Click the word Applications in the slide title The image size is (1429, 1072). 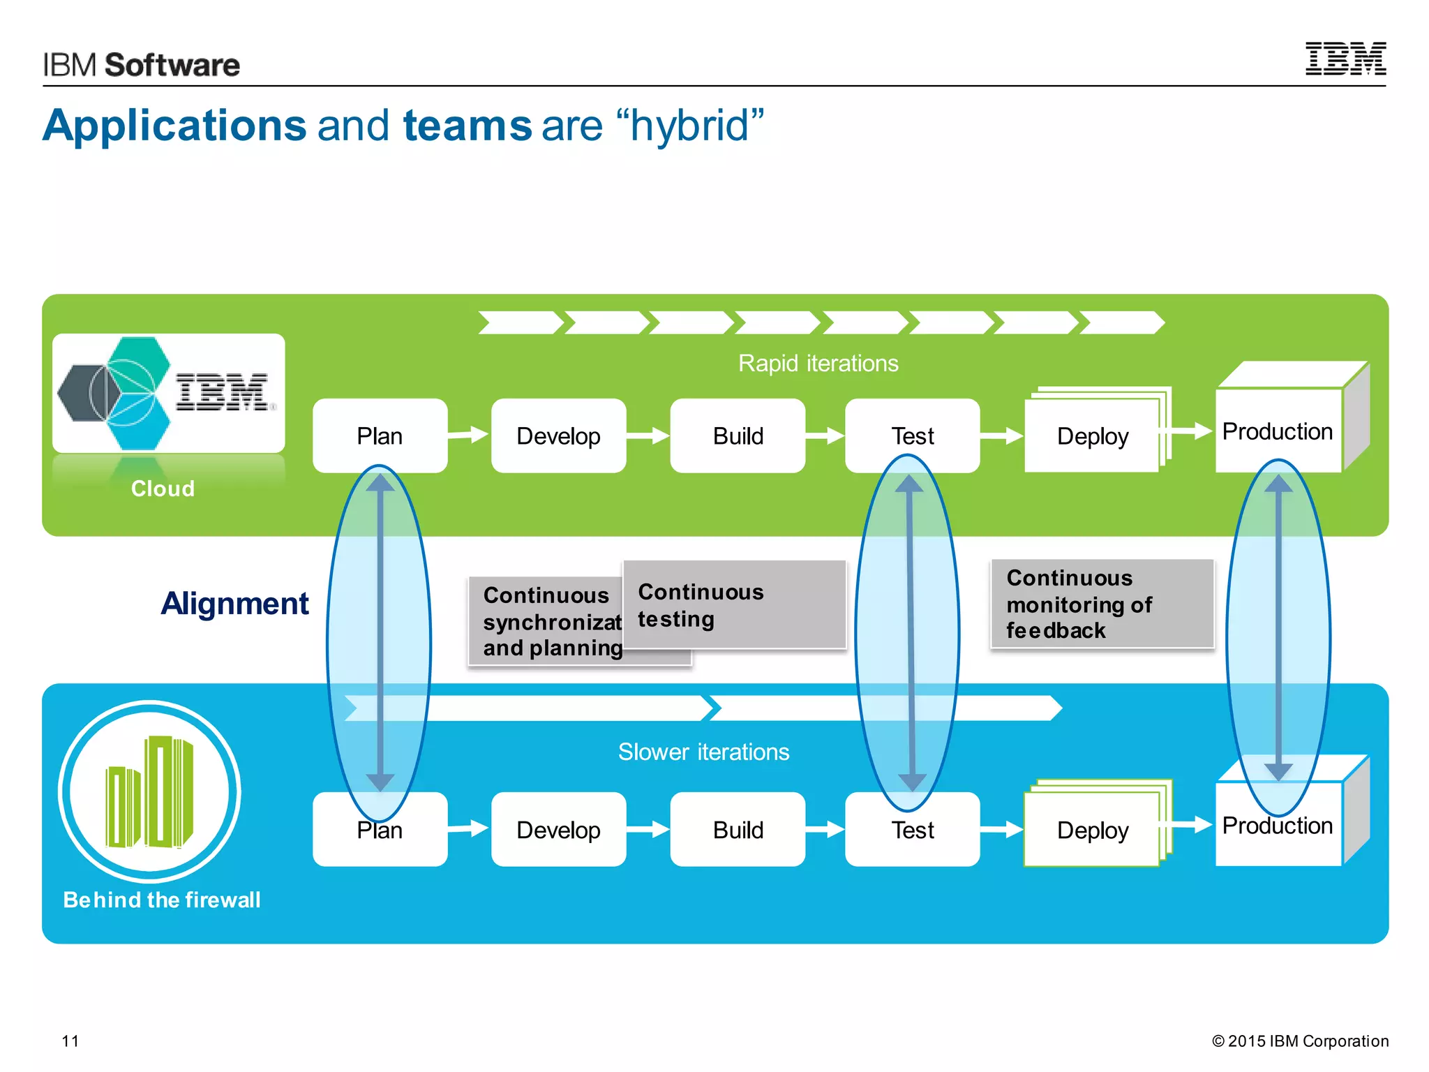pyautogui.click(x=174, y=126)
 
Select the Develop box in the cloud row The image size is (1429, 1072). pyautogui.click(x=558, y=436)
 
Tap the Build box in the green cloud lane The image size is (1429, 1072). pyautogui.click(x=738, y=436)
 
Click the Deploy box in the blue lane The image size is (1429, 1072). pyautogui.click(x=1092, y=830)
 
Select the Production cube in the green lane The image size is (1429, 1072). pyautogui.click(x=1278, y=431)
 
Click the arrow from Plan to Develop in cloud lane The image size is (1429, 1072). pyautogui.click(x=468, y=435)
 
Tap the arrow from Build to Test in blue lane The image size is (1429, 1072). pyautogui.click(x=825, y=829)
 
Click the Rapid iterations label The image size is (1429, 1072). pyautogui.click(x=818, y=364)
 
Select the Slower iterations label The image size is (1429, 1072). pyautogui.click(x=703, y=752)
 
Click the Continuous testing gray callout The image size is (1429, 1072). pyautogui.click(x=734, y=605)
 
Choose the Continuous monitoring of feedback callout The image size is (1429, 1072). pyautogui.click(x=1102, y=604)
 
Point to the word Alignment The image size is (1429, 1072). pyautogui.click(x=234, y=604)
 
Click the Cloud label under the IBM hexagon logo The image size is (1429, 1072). pyautogui.click(x=163, y=489)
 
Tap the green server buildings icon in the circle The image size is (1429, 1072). pyautogui.click(x=149, y=791)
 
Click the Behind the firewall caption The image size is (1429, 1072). pyautogui.click(x=162, y=900)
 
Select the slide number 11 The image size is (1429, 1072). pyautogui.click(x=70, y=1041)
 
